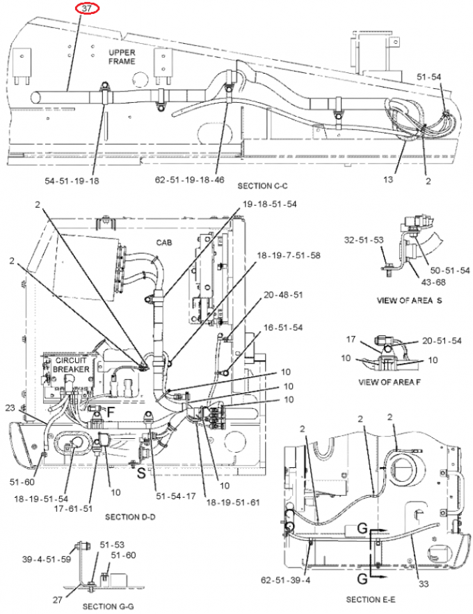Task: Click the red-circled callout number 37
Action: [87, 8]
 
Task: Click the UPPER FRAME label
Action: [122, 57]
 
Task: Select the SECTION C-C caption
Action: [262, 187]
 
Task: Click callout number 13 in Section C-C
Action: [388, 179]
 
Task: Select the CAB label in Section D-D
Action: [164, 242]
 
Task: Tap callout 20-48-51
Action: [283, 295]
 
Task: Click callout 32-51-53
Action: [364, 241]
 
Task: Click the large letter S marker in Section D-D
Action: [141, 474]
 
